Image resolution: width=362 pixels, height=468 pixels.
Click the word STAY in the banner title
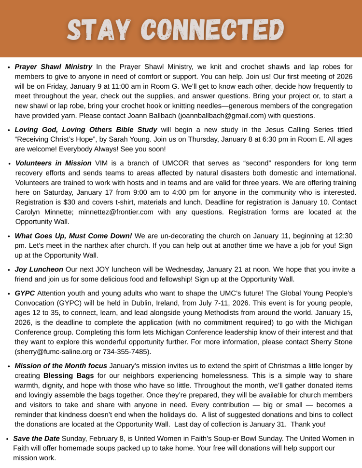[99, 30]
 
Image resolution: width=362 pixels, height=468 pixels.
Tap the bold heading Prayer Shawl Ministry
[53, 67]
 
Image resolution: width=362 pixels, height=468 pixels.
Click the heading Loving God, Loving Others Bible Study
[86, 130]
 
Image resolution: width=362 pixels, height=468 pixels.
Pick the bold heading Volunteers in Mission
[53, 163]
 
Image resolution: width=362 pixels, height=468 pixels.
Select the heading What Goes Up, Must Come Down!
[73, 236]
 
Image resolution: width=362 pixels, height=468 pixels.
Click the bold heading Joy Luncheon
[39, 269]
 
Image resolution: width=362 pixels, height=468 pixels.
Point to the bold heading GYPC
[25, 293]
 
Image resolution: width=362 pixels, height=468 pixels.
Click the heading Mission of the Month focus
[61, 366]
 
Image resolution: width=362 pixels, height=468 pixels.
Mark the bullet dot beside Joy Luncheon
[9, 270]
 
